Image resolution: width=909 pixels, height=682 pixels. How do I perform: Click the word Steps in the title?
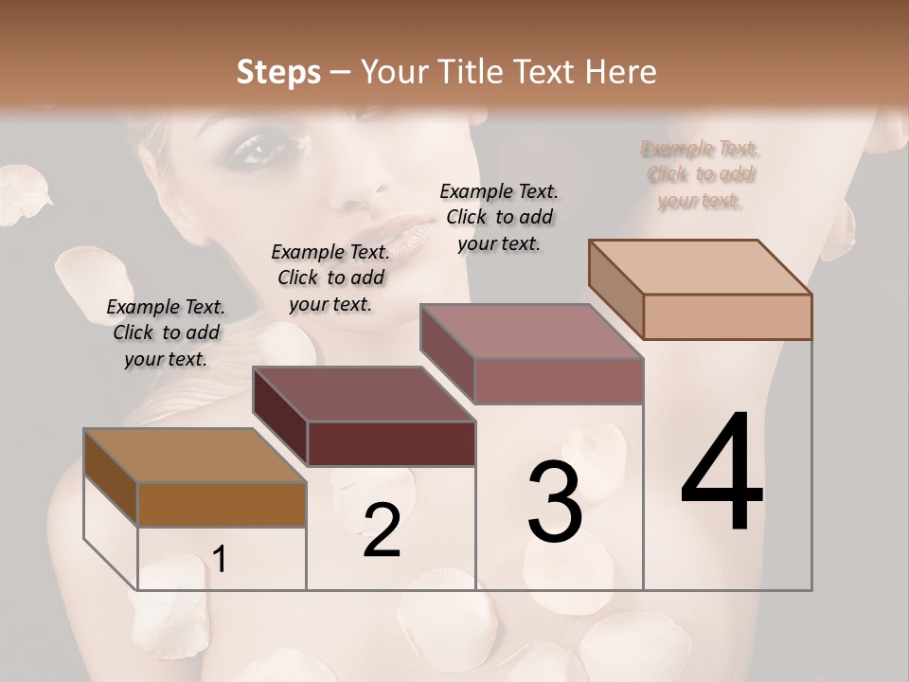click(x=277, y=72)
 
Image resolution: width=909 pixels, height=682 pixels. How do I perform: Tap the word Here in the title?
click(x=619, y=72)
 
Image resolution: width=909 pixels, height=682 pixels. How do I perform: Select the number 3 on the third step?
click(x=555, y=501)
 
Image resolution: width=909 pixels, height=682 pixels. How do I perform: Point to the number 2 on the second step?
click(x=382, y=530)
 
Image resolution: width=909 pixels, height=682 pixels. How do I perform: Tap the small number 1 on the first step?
click(x=219, y=560)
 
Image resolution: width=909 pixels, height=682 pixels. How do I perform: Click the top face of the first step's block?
click(x=194, y=456)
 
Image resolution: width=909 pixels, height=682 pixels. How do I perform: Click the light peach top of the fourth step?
click(x=700, y=267)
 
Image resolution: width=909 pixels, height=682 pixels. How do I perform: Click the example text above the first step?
click(x=166, y=332)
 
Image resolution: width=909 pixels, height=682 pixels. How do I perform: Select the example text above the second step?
click(x=330, y=278)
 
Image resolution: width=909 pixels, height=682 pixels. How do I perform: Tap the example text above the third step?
click(x=499, y=217)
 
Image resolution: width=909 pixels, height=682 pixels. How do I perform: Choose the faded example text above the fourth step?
click(x=701, y=174)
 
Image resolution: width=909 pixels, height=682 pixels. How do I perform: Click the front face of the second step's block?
click(x=391, y=443)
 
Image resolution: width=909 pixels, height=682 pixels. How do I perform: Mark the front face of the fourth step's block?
click(x=727, y=316)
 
